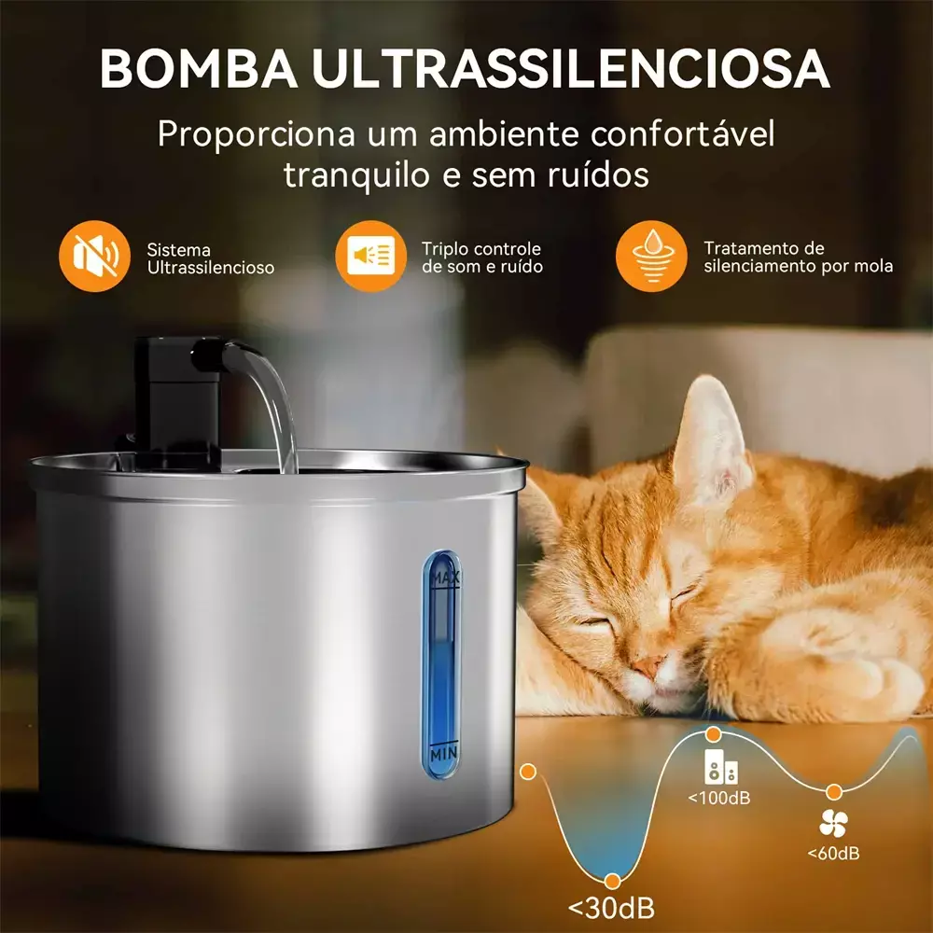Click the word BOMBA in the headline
[199, 68]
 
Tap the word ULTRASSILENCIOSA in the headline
[571, 68]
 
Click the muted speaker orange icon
[94, 256]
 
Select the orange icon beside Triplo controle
[370, 256]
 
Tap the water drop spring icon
[651, 256]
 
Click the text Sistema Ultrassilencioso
[211, 258]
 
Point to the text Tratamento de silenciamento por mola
[799, 258]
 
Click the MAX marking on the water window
[445, 578]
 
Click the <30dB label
[612, 908]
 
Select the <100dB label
[718, 798]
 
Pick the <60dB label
[833, 854]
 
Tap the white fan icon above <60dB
[833, 823]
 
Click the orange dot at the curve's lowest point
[612, 881]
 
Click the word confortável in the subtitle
[683, 133]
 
